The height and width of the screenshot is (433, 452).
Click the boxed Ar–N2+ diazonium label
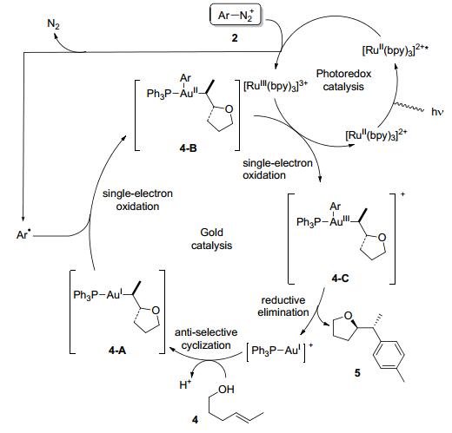click(235, 16)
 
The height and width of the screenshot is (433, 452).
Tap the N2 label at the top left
click(53, 24)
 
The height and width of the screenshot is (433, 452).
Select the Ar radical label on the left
click(23, 234)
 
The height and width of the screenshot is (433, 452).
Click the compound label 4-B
click(188, 148)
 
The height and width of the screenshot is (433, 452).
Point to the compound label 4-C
click(340, 279)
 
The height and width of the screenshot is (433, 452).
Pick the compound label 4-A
click(117, 351)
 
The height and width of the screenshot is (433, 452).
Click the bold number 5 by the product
click(357, 373)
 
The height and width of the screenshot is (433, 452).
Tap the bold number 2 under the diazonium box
click(235, 38)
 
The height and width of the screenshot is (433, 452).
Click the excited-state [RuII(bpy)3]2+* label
click(395, 50)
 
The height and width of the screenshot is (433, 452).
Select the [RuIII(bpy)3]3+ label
click(276, 86)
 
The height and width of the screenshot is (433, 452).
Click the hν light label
click(436, 112)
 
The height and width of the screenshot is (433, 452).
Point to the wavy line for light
click(409, 107)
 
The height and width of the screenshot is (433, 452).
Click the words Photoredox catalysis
click(343, 80)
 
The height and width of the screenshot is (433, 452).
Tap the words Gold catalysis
click(211, 239)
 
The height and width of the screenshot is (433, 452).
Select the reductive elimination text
click(283, 306)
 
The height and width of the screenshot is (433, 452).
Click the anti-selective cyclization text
click(206, 338)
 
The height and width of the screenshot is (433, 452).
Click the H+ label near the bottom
click(185, 384)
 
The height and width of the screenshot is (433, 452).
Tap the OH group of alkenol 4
click(226, 390)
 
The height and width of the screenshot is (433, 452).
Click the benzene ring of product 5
click(389, 355)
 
